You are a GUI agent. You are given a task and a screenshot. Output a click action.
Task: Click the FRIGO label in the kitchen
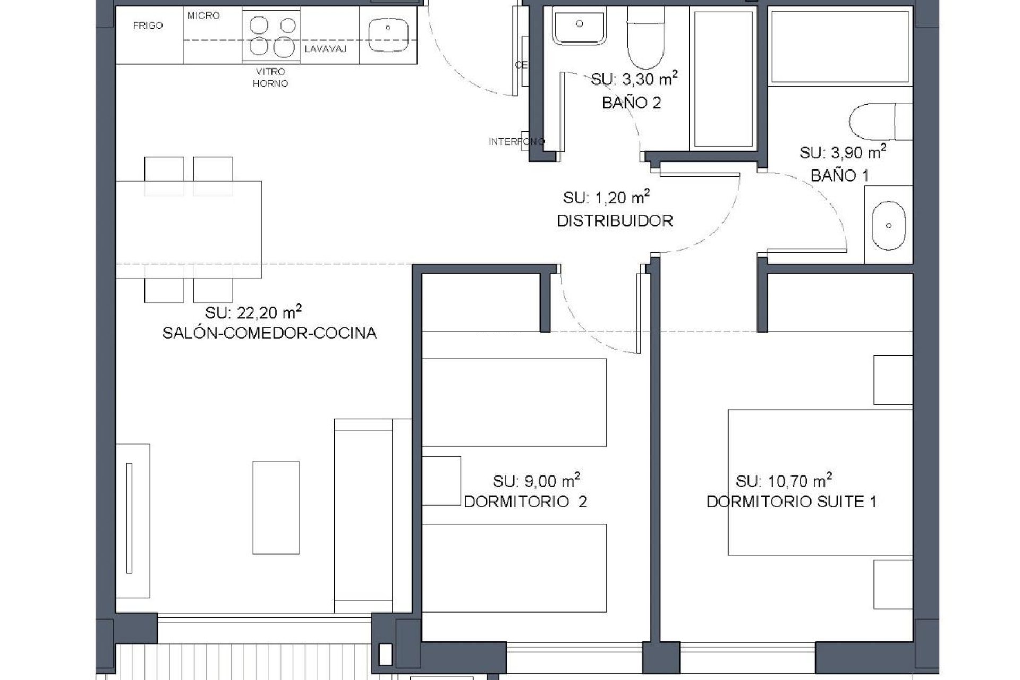[x=148, y=25]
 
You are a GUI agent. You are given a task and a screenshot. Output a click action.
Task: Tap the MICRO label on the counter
[x=203, y=16]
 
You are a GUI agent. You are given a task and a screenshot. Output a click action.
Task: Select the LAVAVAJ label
[x=326, y=49]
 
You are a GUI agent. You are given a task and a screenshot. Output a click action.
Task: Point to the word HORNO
[x=270, y=83]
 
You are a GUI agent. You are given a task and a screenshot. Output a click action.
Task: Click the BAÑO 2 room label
[x=632, y=103]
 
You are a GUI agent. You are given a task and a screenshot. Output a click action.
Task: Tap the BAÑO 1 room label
[x=839, y=175]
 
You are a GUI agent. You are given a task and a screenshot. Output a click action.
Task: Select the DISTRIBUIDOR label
[x=615, y=220]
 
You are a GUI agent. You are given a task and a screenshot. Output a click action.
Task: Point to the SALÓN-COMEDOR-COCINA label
[x=269, y=334]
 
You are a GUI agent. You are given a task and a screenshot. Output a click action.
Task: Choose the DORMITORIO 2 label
[x=525, y=502]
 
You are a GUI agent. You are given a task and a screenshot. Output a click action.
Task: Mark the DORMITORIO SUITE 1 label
[x=791, y=502]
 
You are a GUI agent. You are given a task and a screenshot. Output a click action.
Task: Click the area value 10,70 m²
[x=784, y=481]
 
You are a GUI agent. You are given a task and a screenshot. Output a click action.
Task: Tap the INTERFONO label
[x=516, y=142]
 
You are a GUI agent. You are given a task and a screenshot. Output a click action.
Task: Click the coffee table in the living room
[x=276, y=508]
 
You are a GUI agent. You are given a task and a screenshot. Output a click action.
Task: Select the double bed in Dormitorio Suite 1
[x=820, y=482]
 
